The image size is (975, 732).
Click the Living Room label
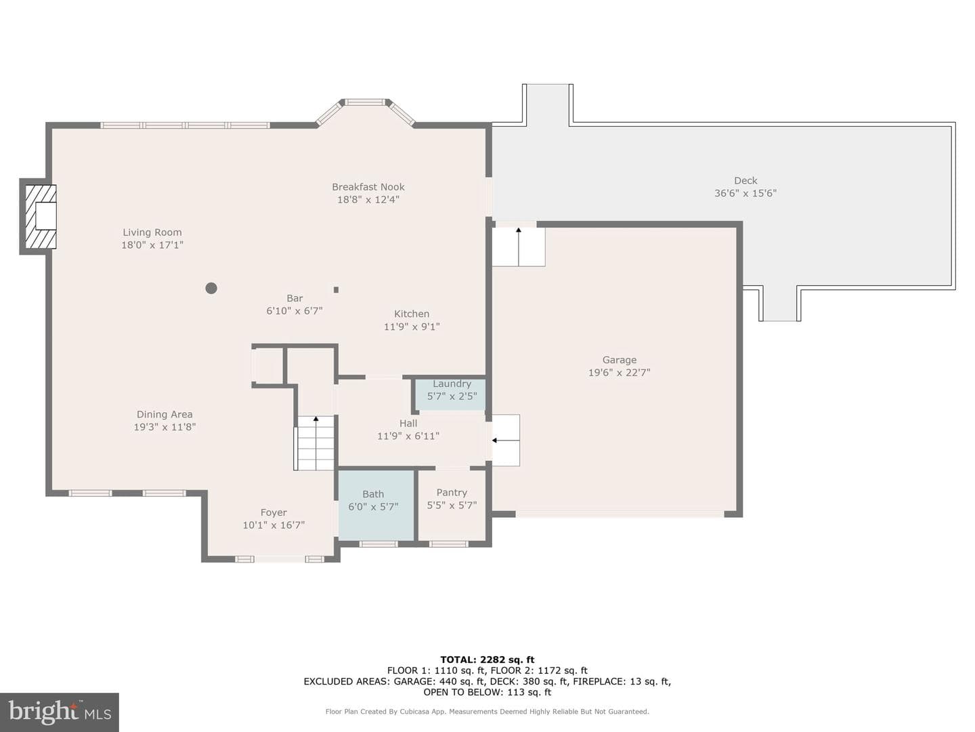[x=152, y=232]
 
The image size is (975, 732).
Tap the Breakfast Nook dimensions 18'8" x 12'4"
[x=368, y=199]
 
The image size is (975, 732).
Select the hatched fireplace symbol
[x=41, y=216]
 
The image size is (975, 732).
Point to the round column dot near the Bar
[x=211, y=289]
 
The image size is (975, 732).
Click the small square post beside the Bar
[x=337, y=290]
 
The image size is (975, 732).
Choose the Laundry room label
[x=452, y=384]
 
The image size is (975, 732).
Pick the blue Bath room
[x=376, y=506]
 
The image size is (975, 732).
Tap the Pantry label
[x=452, y=493]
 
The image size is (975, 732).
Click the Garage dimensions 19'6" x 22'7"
[x=620, y=373]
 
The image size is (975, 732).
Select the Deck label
[x=745, y=180]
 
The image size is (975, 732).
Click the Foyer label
[x=274, y=512]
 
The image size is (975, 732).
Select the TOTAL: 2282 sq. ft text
[x=487, y=659]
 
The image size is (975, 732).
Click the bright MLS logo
[x=60, y=712]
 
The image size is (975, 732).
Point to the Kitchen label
[x=412, y=314]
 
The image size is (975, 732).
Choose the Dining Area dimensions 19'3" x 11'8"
[x=165, y=427]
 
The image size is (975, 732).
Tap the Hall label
[x=408, y=424]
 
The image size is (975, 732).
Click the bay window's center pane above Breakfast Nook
[x=366, y=102]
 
